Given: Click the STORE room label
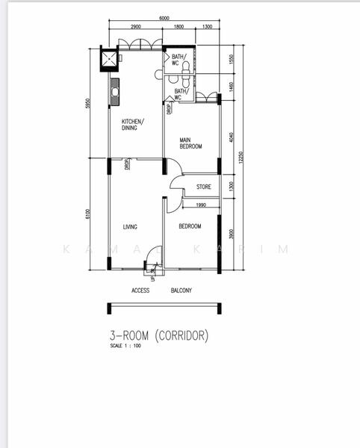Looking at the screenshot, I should coord(203,187).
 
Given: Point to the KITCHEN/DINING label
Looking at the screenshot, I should coord(133,125).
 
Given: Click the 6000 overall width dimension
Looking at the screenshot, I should coord(164,19).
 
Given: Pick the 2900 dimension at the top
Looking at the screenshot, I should coord(135,27).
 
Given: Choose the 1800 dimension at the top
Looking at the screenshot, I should coord(179,27).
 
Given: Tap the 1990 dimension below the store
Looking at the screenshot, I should coord(201,205).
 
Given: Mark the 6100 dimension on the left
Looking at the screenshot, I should coord(88,214).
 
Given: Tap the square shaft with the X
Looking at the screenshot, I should coord(111,57).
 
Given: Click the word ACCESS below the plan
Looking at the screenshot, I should coord(140,290).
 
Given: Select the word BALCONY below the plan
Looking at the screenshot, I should coord(181,290).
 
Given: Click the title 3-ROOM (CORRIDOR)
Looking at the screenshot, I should coord(158,336).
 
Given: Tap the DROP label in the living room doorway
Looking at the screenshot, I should coord(128,164).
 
